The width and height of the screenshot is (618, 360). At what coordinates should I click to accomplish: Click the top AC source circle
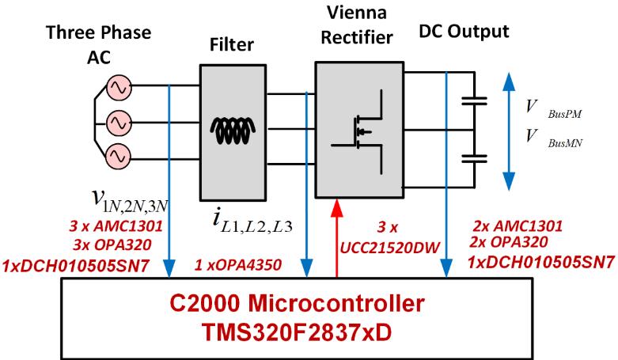pyautogui.click(x=119, y=88)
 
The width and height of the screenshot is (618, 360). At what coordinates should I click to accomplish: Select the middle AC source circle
pyautogui.click(x=119, y=123)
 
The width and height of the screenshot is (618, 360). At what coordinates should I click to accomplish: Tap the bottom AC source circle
pyautogui.click(x=119, y=156)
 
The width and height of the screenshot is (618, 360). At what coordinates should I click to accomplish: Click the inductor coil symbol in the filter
pyautogui.click(x=233, y=131)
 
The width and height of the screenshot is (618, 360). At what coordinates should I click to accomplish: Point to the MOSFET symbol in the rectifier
pyautogui.click(x=357, y=131)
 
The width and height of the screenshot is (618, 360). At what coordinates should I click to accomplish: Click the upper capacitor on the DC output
pyautogui.click(x=474, y=101)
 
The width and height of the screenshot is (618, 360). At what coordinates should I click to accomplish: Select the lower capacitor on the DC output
pyautogui.click(x=474, y=158)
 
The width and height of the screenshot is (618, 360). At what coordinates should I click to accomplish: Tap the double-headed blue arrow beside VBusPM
pyautogui.click(x=509, y=131)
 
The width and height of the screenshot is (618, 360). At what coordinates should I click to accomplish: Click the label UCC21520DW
pyautogui.click(x=389, y=248)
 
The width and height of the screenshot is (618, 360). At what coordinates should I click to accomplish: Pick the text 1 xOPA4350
pyautogui.click(x=238, y=264)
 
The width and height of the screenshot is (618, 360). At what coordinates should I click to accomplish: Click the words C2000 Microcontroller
pyautogui.click(x=297, y=304)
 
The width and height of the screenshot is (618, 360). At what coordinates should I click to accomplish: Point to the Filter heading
pyautogui.click(x=231, y=44)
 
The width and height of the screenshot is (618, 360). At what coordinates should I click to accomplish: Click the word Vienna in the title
pyautogui.click(x=357, y=13)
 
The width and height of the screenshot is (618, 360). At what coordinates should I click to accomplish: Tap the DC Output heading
pyautogui.click(x=464, y=31)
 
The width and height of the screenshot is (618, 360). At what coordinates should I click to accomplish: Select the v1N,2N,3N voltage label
pyautogui.click(x=130, y=199)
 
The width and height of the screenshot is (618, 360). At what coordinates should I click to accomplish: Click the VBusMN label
pyautogui.click(x=554, y=138)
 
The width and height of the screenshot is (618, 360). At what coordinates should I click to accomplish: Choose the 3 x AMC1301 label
pyautogui.click(x=116, y=226)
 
